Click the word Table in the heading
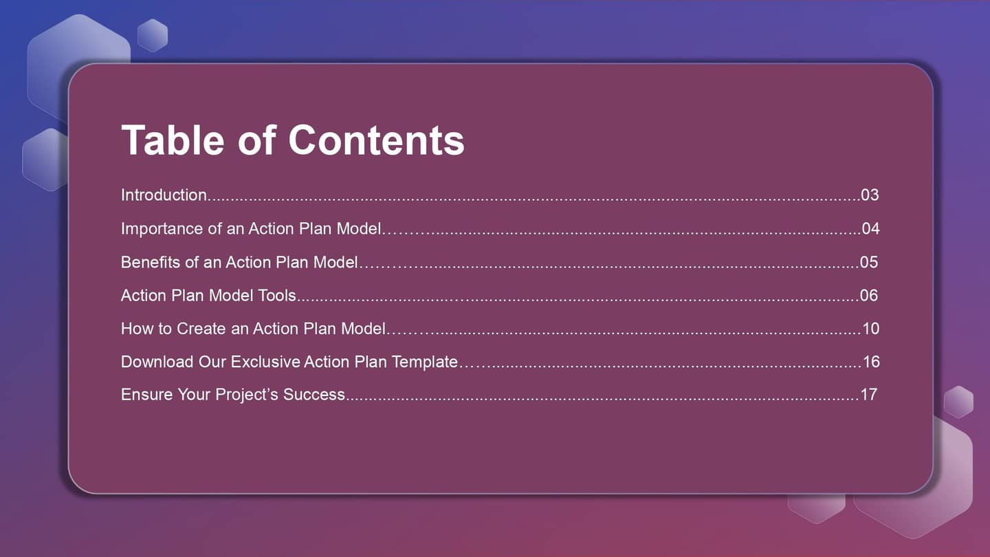point(173,140)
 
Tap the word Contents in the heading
point(376,140)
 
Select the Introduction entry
point(164,195)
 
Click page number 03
point(870,195)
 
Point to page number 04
point(870,228)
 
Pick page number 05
point(869,262)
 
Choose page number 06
point(869,295)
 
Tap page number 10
point(871,329)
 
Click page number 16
point(872,362)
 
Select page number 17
point(869,394)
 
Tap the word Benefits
point(151,262)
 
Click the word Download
point(157,362)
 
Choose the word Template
point(425,362)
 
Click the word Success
point(313,394)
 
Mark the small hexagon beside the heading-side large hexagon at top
point(153,35)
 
